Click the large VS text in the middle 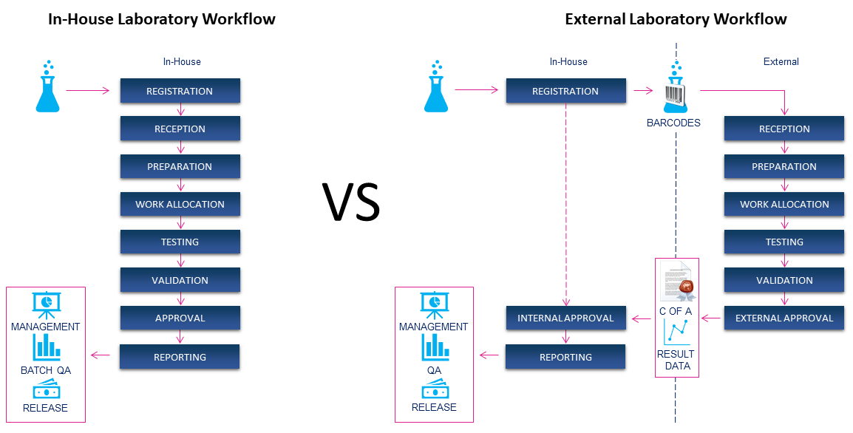click(x=351, y=202)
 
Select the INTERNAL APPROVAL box click(x=565, y=318)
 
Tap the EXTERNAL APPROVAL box click(x=784, y=318)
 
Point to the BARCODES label click(x=673, y=123)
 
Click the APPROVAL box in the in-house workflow click(x=180, y=318)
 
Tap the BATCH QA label click(x=46, y=370)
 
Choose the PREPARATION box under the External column click(x=784, y=167)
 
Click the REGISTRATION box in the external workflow click(x=565, y=92)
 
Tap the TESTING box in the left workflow click(x=180, y=242)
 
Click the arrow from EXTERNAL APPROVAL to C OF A click(x=711, y=318)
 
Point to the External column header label click(x=781, y=62)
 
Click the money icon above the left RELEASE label click(x=46, y=389)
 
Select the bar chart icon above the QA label click(x=435, y=347)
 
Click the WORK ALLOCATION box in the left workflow click(x=180, y=205)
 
